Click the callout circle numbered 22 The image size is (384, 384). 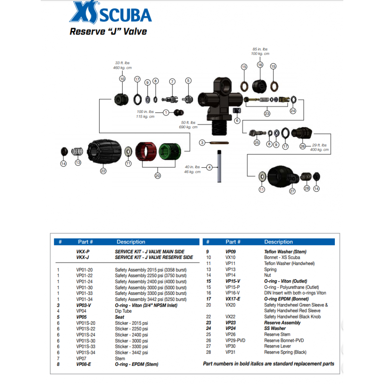click(x=103, y=171)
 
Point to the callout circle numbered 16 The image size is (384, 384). click(x=260, y=65)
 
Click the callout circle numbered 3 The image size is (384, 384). click(x=202, y=142)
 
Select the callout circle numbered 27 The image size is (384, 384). click(x=292, y=190)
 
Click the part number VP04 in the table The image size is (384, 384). click(x=81, y=311)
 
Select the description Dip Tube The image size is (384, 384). click(x=123, y=311)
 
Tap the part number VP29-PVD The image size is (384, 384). click(x=235, y=340)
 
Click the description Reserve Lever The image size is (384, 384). click(x=277, y=346)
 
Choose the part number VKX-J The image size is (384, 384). click(x=83, y=257)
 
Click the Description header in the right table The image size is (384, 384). click(x=278, y=242)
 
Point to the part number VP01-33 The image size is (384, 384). click(x=84, y=293)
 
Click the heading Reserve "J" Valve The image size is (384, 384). click(x=108, y=31)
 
